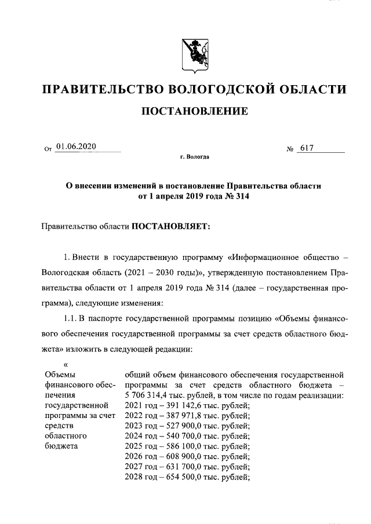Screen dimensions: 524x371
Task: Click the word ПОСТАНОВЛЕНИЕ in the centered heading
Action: coord(194,111)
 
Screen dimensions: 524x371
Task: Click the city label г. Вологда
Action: coord(195,157)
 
